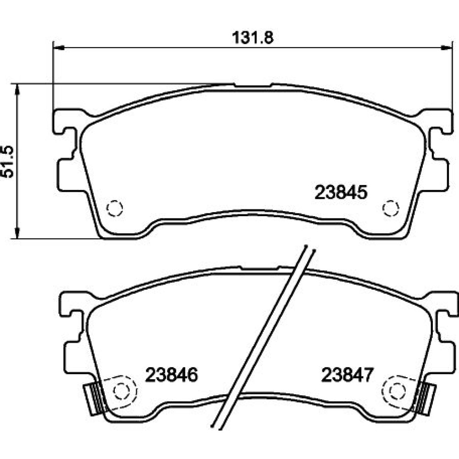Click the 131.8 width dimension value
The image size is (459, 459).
pos(252,38)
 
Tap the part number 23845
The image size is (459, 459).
pos(341,193)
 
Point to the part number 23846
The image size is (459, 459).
pos(172,375)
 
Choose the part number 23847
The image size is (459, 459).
pos(347,375)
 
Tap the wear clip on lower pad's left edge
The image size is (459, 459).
pos(94,399)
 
